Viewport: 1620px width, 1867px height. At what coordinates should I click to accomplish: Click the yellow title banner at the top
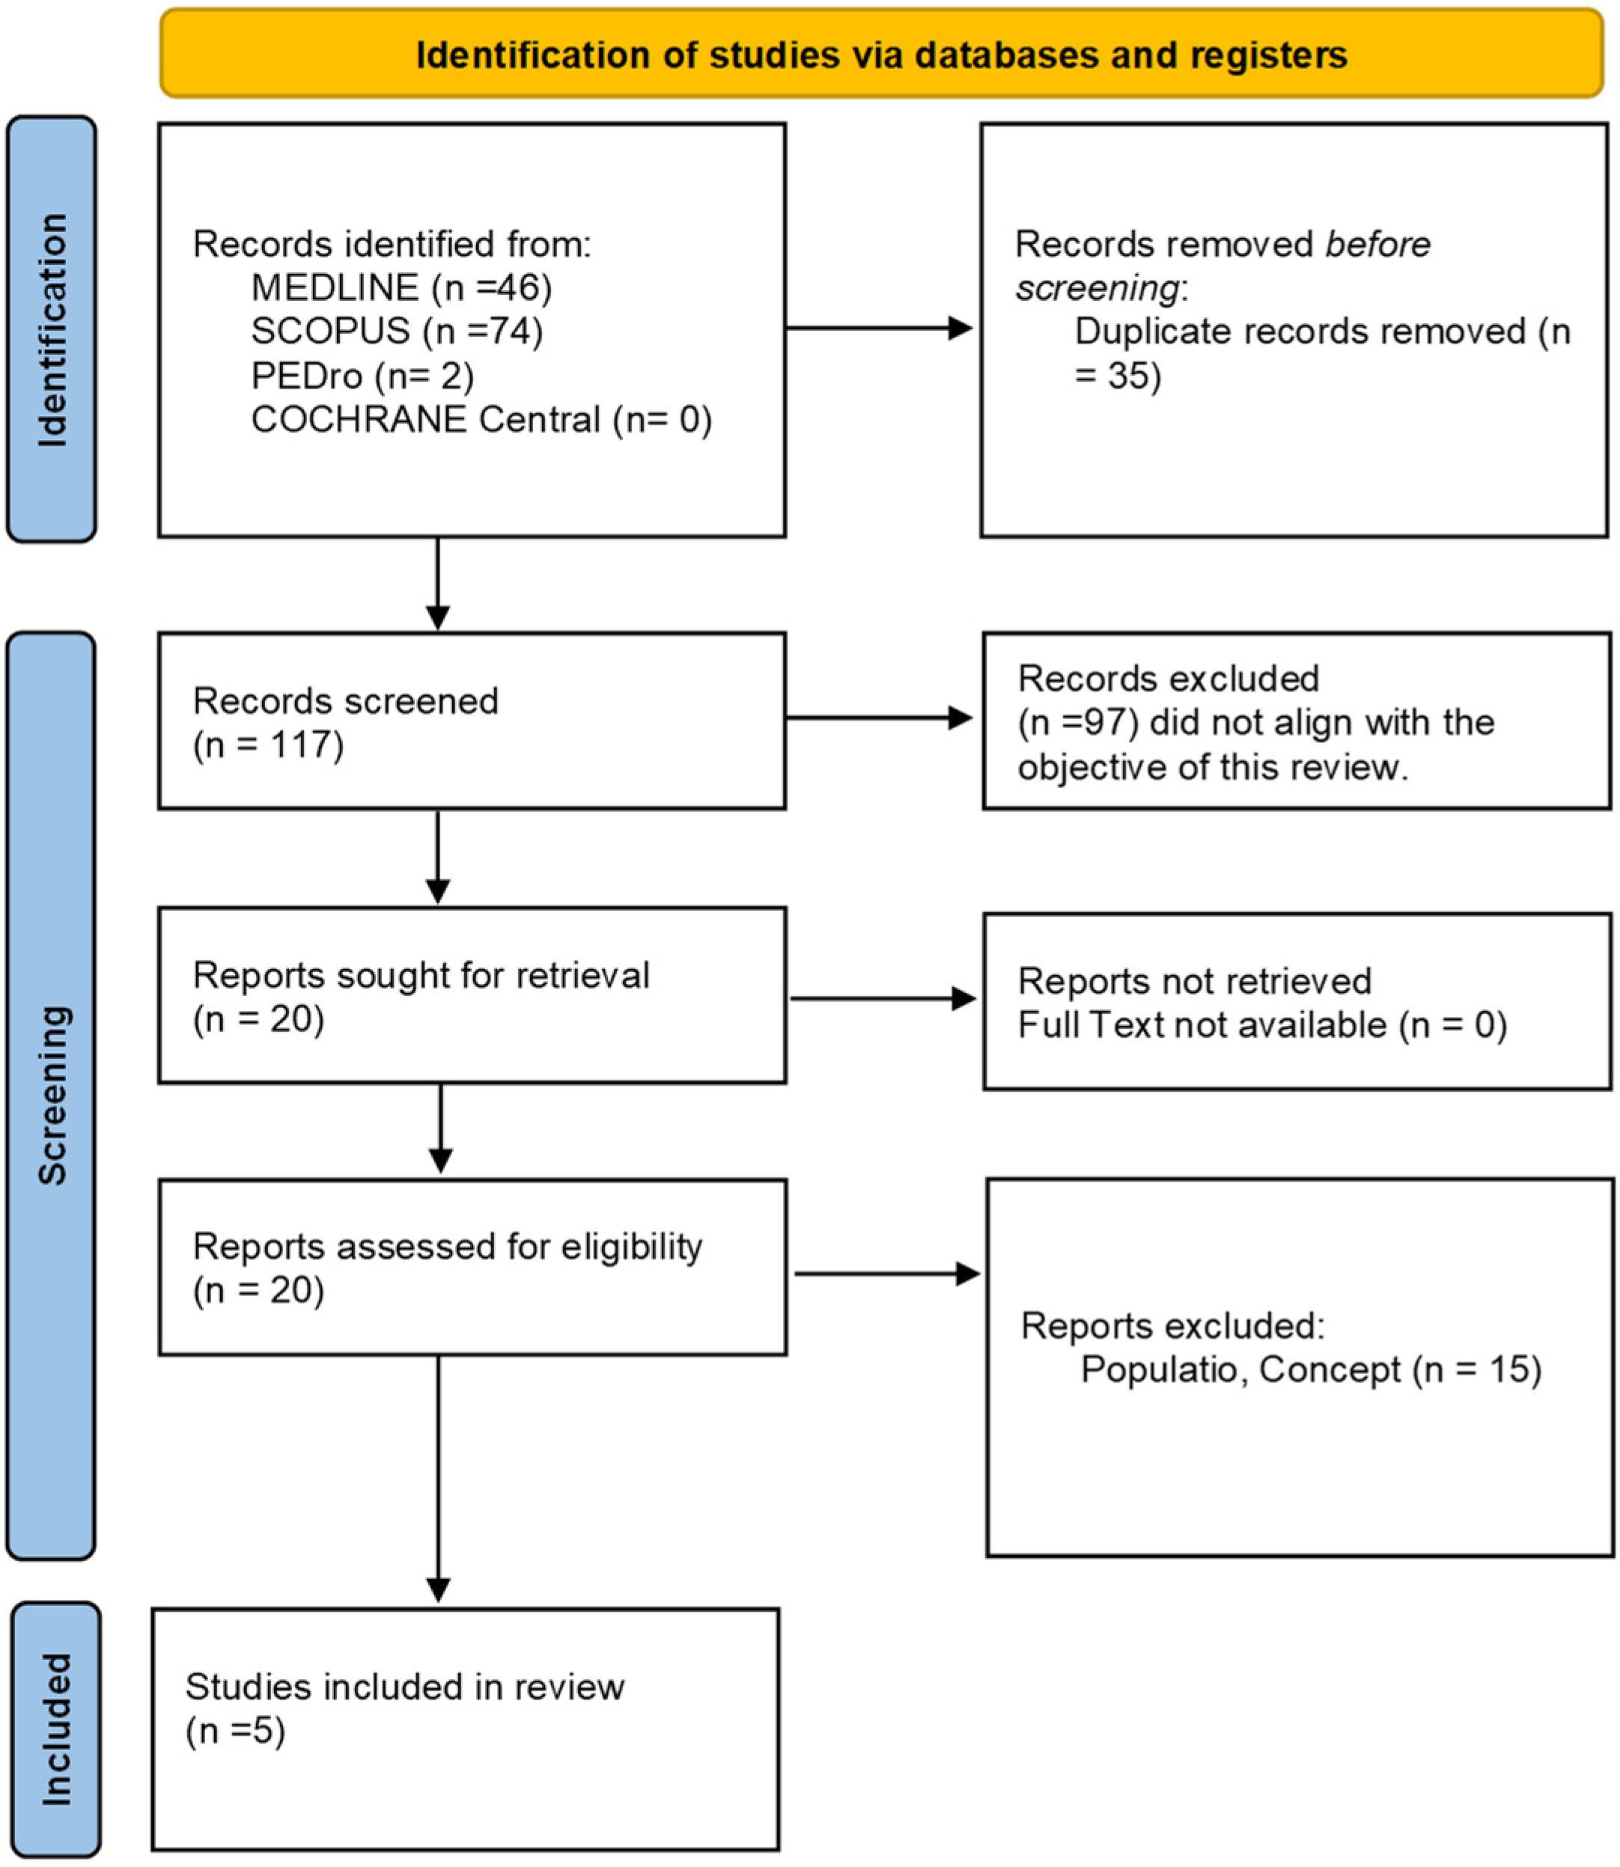pos(880,53)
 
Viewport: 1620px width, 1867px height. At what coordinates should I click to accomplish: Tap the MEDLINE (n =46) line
pos(401,287)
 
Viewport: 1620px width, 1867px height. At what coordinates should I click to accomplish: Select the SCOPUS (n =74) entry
pos(397,331)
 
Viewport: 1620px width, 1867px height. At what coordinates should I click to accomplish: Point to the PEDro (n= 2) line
pos(362,375)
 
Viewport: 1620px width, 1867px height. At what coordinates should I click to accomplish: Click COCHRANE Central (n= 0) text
pos(481,419)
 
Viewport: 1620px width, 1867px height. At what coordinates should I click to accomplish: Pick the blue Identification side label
pos(52,330)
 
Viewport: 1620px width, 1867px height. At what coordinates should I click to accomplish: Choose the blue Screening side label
pos(52,1096)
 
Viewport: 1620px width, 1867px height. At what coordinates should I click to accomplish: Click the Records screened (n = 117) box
pos(471,720)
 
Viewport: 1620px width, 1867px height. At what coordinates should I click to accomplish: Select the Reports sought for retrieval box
pos(471,995)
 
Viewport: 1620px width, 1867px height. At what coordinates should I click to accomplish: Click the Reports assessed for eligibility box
pos(471,1266)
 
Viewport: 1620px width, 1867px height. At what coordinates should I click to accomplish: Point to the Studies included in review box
pos(465,1728)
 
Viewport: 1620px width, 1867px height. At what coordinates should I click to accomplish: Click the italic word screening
pos(1097,288)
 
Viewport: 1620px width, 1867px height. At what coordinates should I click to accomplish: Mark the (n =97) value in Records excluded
pos(1077,722)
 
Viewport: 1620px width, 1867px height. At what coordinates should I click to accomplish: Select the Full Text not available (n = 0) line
pos(1262,1024)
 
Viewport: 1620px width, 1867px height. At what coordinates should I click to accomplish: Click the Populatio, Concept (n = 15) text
pos(1310,1369)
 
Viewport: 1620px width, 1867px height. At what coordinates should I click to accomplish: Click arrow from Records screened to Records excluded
pos(879,718)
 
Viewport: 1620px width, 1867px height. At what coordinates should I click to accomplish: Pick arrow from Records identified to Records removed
pos(879,328)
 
